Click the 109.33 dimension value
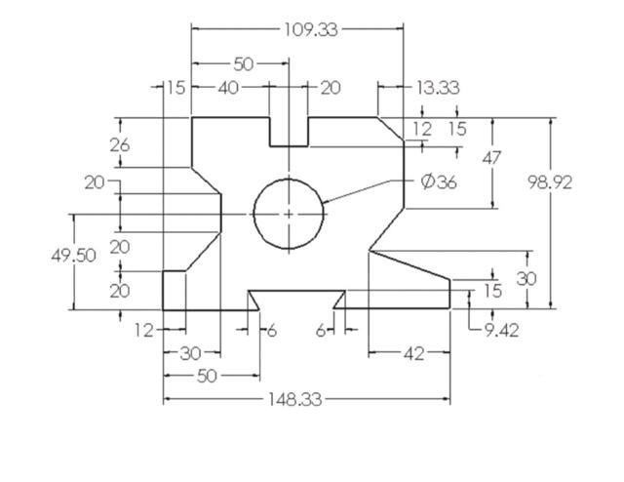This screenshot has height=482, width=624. [x=311, y=29]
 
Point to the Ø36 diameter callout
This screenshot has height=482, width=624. [x=439, y=181]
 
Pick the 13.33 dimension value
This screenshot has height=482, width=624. [x=438, y=88]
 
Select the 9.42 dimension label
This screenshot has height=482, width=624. [x=501, y=330]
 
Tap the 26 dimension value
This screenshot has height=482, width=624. [x=120, y=144]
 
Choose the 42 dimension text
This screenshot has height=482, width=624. [x=413, y=353]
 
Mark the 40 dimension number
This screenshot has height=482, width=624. [x=228, y=88]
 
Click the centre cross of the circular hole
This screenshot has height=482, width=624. [x=289, y=213]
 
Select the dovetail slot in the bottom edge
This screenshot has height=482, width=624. [x=296, y=300]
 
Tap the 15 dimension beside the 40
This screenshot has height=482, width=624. [x=174, y=88]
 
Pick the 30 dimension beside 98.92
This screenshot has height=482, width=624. [x=526, y=278]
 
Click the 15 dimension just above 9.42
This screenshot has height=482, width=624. [x=492, y=291]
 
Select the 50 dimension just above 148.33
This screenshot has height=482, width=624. [x=207, y=376]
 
